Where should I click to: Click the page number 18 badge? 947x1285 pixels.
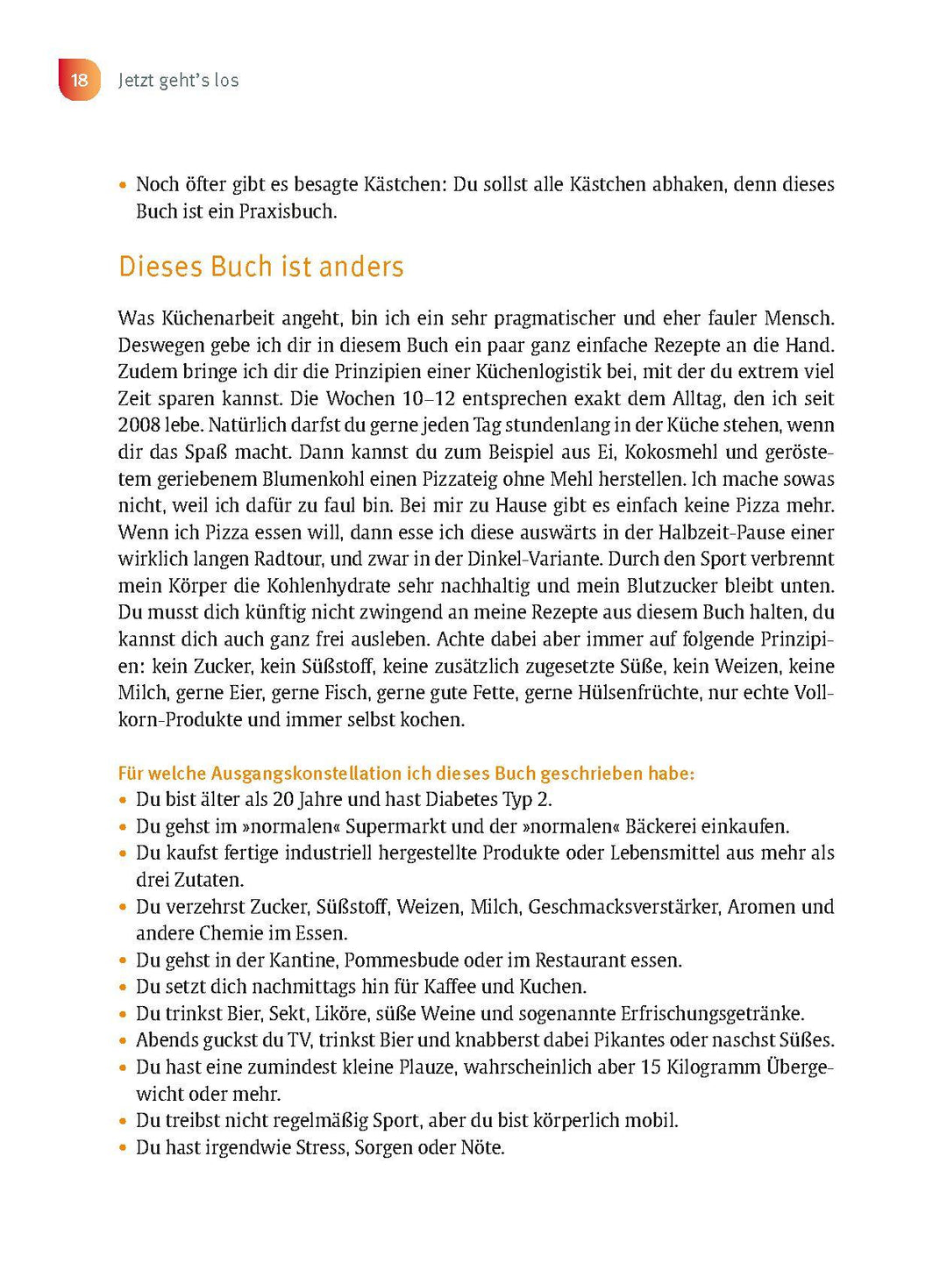(80, 80)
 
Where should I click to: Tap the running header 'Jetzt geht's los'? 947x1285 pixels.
(178, 80)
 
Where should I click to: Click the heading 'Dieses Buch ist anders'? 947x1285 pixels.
(260, 267)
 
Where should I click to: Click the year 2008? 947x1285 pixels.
(139, 425)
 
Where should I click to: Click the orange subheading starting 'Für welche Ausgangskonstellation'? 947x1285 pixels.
(406, 774)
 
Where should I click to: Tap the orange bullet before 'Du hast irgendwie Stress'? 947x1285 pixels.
(124, 1148)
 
